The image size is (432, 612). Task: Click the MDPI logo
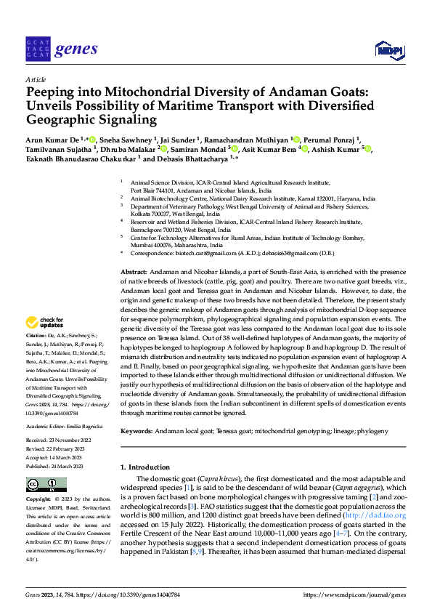386,49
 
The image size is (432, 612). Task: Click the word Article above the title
36,79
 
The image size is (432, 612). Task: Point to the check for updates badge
45,322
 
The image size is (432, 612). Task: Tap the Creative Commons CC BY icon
46,484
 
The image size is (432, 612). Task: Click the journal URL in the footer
356,594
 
